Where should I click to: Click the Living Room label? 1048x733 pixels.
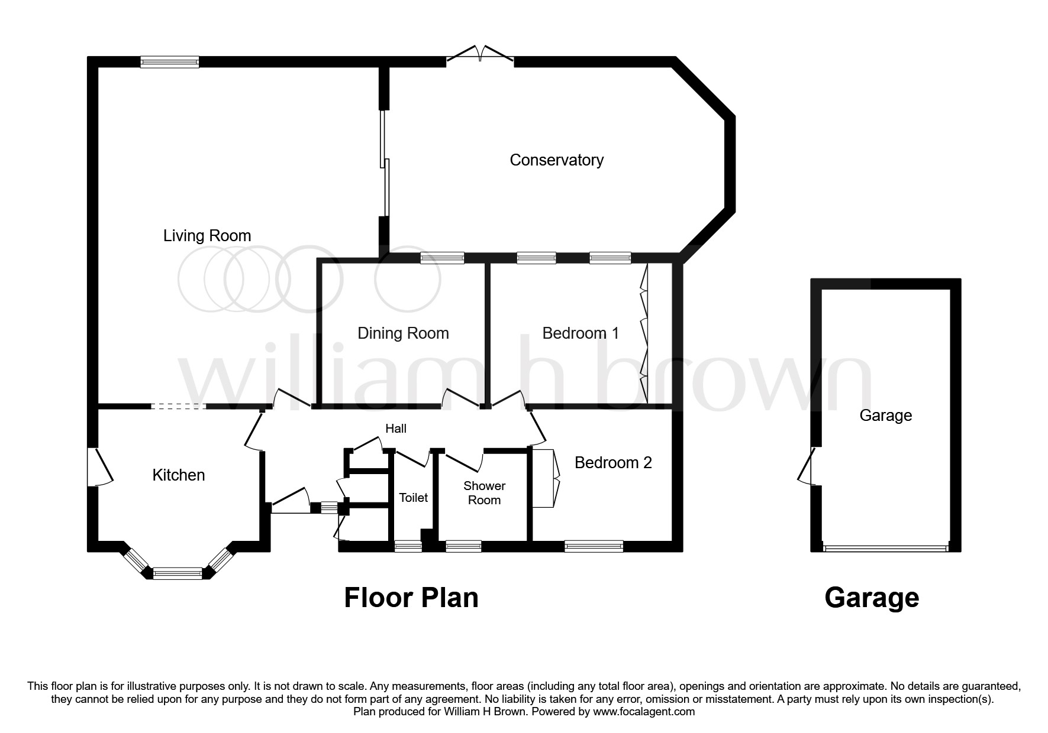pos(207,236)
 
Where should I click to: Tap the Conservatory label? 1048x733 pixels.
pos(556,160)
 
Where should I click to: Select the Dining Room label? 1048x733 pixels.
pos(403,333)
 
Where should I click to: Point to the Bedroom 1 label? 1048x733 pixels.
pos(581,333)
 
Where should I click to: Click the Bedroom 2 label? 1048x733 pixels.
pos(613,462)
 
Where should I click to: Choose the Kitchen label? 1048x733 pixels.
pos(179,475)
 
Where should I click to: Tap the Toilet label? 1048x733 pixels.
pos(413,498)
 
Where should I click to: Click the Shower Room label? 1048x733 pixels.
pos(484,493)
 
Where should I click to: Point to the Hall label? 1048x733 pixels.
pos(396,429)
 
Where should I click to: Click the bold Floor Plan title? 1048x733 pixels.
pos(411,598)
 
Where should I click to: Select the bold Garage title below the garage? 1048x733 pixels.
pos(871,598)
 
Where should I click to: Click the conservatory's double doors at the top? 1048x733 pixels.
pos(480,54)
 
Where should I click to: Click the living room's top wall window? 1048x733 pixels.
pos(169,61)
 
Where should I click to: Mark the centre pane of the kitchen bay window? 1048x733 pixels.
pos(178,573)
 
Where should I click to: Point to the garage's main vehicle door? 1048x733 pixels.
pos(885,547)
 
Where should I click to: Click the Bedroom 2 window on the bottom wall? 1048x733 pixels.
pos(594,546)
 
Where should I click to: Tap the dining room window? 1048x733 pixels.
pos(442,258)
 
